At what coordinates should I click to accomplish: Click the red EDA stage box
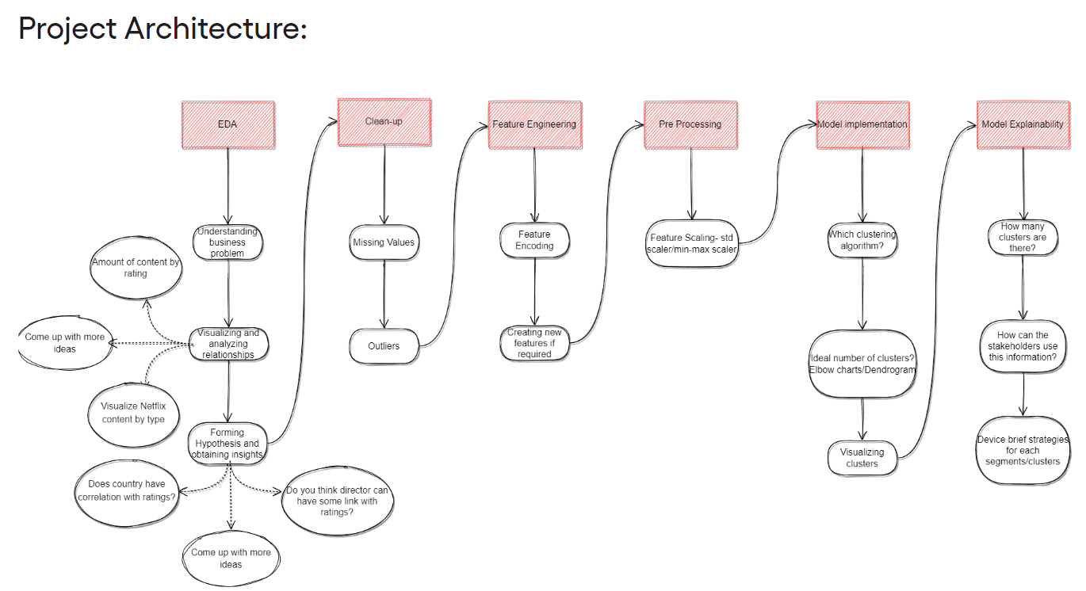coord(228,124)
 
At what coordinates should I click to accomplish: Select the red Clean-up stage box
coord(384,122)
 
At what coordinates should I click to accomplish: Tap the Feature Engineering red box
coord(534,124)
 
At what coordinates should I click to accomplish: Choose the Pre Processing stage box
coord(690,124)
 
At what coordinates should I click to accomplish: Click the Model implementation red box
coord(862,124)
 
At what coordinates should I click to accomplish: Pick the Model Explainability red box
coord(1023,124)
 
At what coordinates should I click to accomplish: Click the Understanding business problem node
coord(228,242)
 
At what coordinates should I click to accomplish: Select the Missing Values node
coord(384,242)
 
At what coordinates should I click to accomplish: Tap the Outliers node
coord(384,346)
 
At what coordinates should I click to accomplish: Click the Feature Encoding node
coord(534,240)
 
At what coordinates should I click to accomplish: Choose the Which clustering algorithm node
coord(862,240)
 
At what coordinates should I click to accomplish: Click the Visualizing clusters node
coord(862,458)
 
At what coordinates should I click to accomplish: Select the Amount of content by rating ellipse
coord(136,268)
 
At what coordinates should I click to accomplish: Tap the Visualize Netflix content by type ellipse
coord(134,412)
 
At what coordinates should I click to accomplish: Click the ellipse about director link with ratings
coord(337,501)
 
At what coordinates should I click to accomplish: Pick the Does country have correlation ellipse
coord(127,491)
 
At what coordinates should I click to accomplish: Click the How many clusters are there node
coord(1023,237)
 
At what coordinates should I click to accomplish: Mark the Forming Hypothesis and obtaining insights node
coord(228,444)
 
